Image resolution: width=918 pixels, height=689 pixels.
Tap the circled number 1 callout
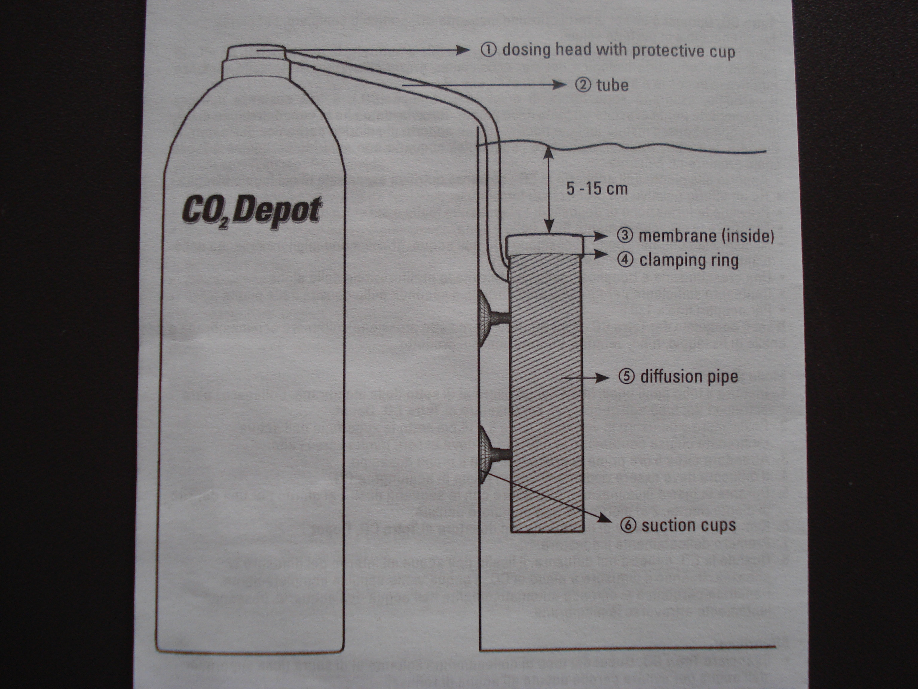pos(489,50)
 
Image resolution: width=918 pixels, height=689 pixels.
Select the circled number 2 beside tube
pos(583,85)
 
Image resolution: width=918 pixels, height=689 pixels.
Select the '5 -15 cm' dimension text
pos(597,189)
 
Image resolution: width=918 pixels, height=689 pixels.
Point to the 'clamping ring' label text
pos(688,261)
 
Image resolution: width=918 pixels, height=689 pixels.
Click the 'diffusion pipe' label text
pos(689,377)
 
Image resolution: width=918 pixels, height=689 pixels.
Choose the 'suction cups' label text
pos(688,525)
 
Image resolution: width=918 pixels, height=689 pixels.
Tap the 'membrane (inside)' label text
pos(706,236)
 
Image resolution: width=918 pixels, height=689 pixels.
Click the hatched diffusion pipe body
pos(547,394)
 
